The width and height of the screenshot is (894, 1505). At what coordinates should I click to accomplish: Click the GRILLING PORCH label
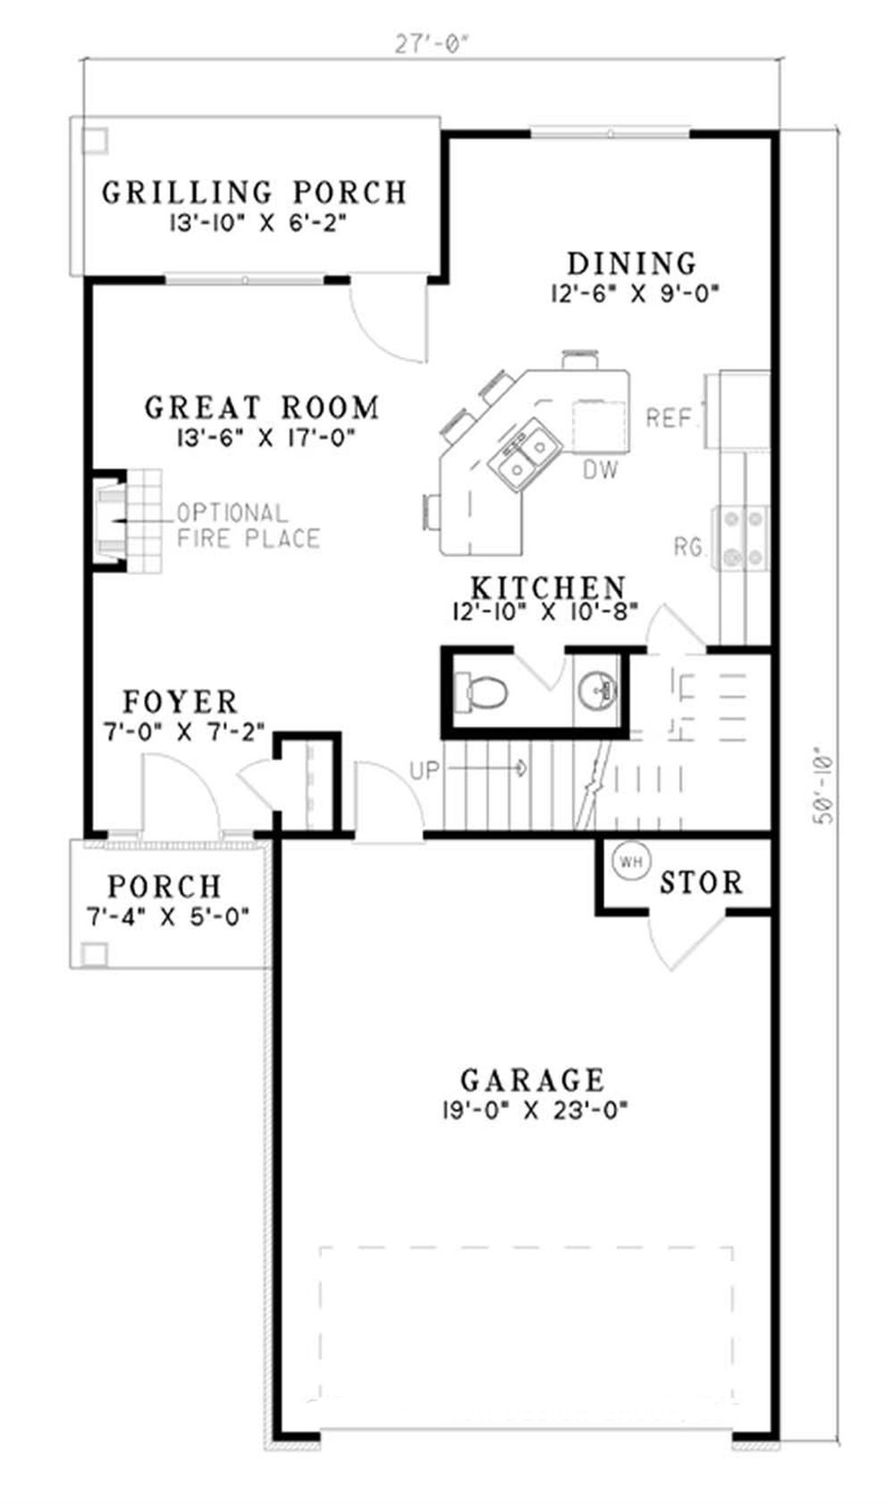pos(254,192)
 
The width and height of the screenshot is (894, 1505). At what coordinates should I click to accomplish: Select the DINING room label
pos(632,264)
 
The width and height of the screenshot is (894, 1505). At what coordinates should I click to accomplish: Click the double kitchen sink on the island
pos(527,454)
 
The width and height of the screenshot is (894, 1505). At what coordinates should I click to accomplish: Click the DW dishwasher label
pos(601,470)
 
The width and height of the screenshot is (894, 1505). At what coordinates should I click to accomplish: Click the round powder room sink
pos(596,689)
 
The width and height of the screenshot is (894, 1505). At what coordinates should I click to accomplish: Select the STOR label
pos(701,884)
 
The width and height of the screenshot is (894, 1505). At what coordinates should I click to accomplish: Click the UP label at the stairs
pos(425,769)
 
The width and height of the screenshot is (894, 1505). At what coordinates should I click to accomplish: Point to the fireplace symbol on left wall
pos(112,520)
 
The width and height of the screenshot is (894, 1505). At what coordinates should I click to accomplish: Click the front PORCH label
pos(164,886)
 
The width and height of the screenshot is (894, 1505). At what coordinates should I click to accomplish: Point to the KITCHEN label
pos(547,588)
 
